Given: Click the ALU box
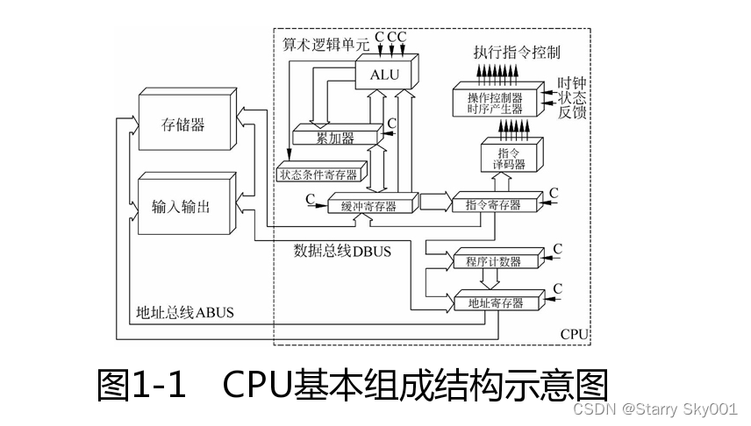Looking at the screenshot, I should [x=384, y=75].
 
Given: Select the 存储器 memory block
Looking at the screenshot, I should [x=184, y=125].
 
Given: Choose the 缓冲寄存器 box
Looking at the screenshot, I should [x=368, y=206].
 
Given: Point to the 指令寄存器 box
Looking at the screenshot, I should [x=492, y=205].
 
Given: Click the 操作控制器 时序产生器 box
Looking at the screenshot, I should [x=494, y=103].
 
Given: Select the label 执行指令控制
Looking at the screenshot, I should [x=518, y=53].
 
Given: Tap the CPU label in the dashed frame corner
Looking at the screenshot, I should [x=575, y=335].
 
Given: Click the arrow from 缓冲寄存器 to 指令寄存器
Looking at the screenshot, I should [x=434, y=202].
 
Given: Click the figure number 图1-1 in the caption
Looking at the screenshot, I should [x=141, y=385].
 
